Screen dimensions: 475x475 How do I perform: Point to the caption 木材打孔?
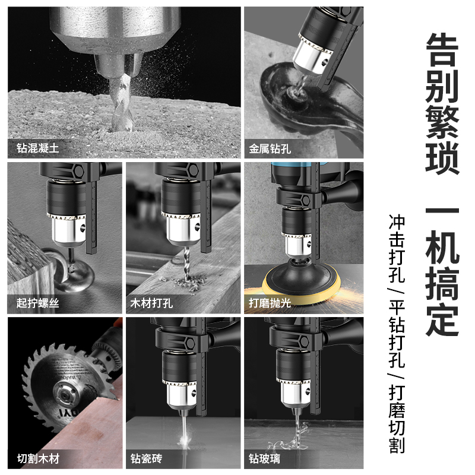coord(152,303)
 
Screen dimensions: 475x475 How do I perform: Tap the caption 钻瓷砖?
coord(147,458)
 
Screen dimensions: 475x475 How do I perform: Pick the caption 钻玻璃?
coord(265,458)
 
